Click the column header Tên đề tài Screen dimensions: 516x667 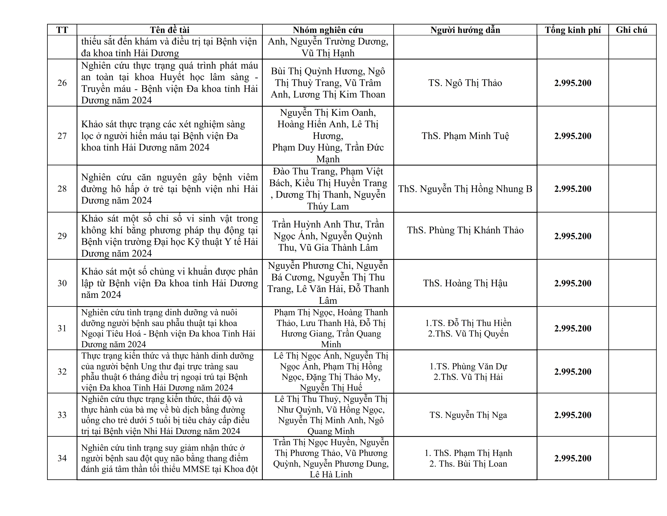(170, 30)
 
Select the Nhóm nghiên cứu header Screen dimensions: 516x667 (328, 30)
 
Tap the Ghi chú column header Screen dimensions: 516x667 (631, 30)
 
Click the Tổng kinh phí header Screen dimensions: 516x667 (573, 30)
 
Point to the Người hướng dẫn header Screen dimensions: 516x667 (465, 30)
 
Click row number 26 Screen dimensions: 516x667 (62, 83)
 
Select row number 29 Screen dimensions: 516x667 (62, 236)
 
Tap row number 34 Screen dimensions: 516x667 (62, 458)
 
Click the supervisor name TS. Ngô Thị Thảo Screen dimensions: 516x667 (465, 83)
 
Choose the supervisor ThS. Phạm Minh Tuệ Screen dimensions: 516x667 (465, 136)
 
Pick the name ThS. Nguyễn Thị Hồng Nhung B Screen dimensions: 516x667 (465, 189)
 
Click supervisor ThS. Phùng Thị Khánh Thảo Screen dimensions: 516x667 (465, 230)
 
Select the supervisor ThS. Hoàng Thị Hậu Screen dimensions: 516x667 (465, 283)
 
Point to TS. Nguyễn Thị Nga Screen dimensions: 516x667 (468, 415)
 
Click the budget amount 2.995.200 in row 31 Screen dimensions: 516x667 (573, 328)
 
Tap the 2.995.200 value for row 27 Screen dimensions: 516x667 (573, 136)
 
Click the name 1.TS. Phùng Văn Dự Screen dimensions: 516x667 (468, 366)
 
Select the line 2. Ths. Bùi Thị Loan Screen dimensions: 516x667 (468, 464)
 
